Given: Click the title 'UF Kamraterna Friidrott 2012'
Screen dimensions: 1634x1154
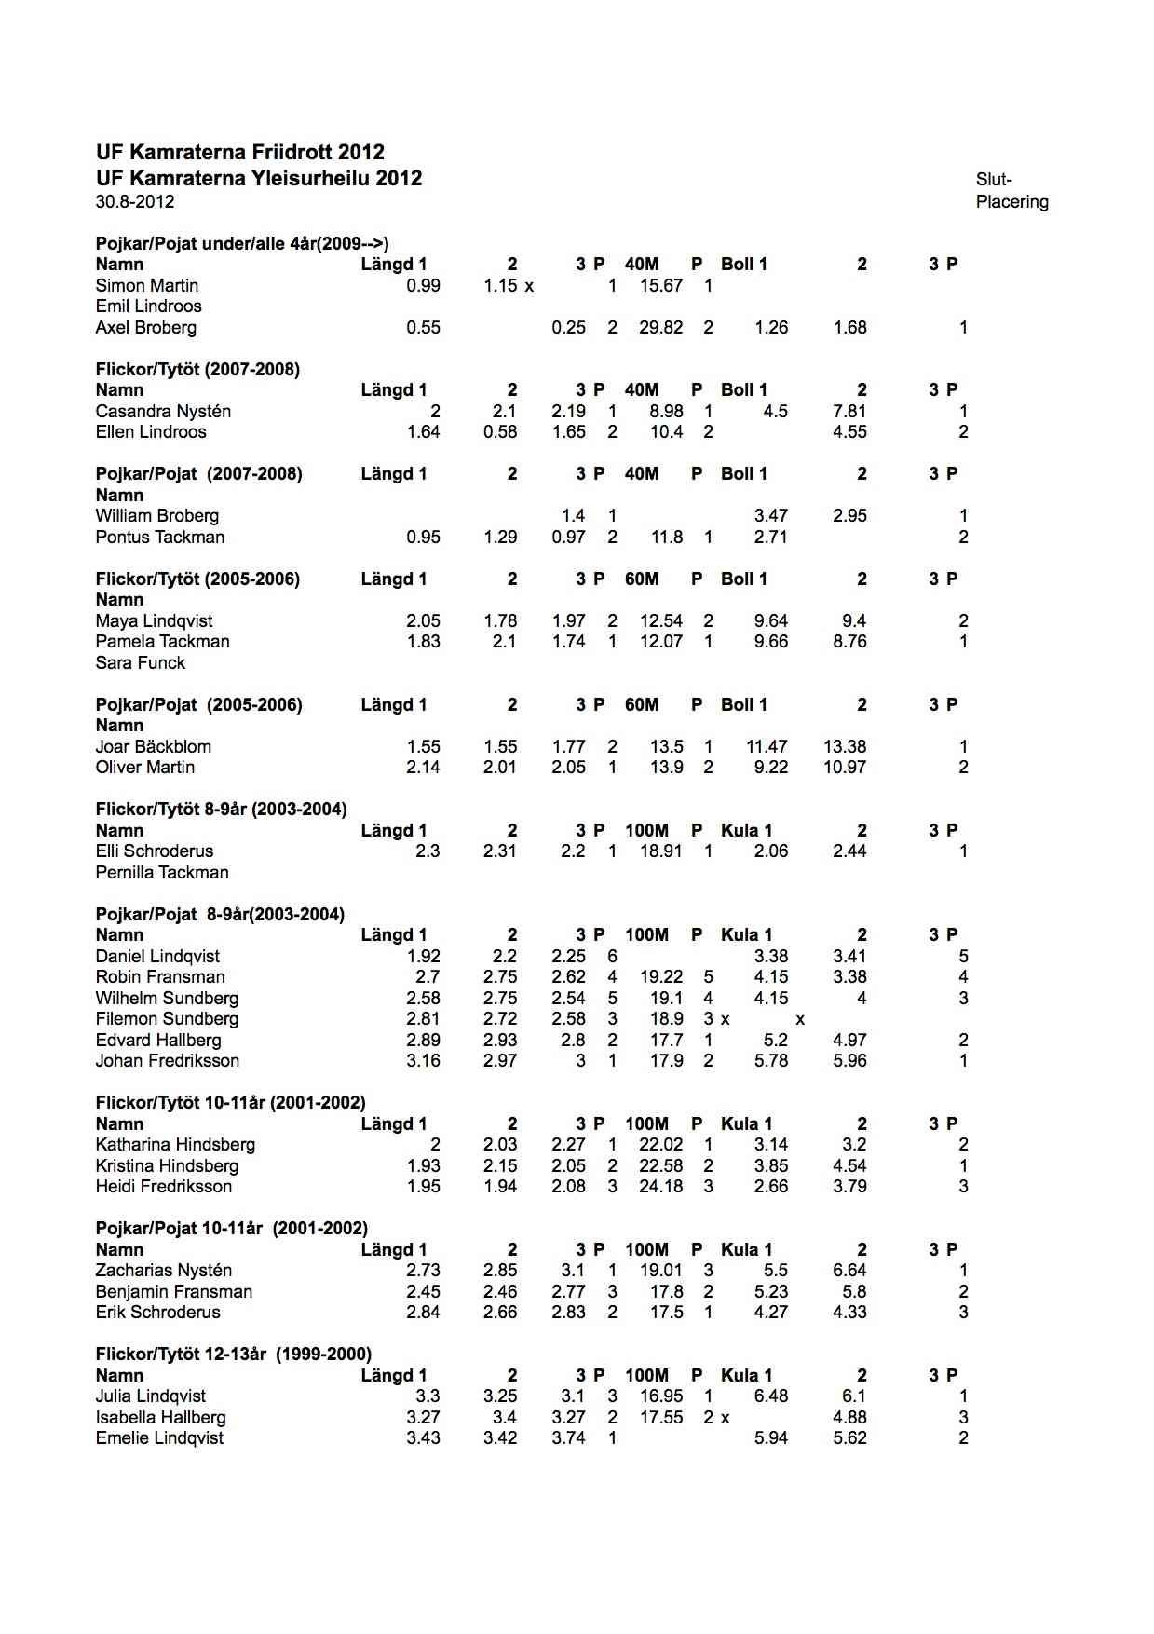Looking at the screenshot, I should [239, 152].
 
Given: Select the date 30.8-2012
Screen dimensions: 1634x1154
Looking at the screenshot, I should [134, 202].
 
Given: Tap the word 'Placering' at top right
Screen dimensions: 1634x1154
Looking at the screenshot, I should [1011, 202].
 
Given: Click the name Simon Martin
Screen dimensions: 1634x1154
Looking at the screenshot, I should [146, 286].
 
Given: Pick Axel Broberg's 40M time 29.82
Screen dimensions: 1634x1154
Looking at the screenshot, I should [660, 328].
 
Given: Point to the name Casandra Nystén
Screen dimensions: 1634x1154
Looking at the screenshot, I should [163, 412].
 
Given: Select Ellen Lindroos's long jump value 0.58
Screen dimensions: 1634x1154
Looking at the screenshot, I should [500, 432].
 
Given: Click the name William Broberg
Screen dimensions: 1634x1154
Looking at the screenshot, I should [156, 516].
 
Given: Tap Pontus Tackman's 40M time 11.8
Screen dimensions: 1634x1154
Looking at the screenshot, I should [667, 538].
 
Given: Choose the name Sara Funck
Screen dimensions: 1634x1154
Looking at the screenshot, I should [140, 663].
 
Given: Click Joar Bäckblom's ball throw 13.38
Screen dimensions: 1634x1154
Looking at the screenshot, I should [845, 747].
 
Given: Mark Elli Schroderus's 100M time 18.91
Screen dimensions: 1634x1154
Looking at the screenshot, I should [660, 851].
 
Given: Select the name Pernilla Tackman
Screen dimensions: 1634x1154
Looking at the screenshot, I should [161, 873].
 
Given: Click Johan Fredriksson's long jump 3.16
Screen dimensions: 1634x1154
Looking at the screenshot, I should [424, 1061].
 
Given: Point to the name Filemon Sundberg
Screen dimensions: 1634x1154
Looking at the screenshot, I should [167, 1019].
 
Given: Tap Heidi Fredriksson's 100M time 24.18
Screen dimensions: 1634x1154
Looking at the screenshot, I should [660, 1187].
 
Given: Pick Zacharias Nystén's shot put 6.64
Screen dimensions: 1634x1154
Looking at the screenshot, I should [849, 1271].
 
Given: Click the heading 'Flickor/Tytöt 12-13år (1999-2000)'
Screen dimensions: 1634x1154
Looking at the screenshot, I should [233, 1355].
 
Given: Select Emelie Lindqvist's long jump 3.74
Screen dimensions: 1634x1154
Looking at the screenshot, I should [568, 1438].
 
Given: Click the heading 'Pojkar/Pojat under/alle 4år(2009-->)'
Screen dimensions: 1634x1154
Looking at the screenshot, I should [242, 244].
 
